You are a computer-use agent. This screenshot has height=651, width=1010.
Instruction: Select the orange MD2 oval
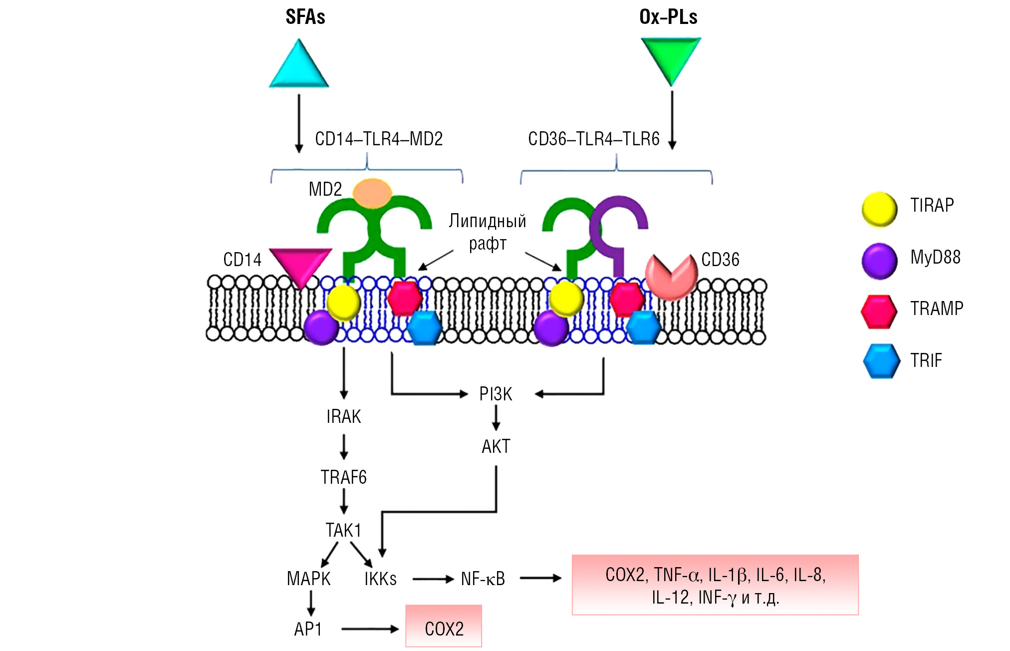pos(372,193)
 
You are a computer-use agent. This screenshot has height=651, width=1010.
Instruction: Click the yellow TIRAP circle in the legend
pos(879,210)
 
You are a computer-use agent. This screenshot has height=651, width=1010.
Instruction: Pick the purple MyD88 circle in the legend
pos(879,261)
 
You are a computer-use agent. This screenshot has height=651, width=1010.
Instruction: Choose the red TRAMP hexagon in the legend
pos(879,312)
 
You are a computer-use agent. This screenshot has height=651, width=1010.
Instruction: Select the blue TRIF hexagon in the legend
pos(882,361)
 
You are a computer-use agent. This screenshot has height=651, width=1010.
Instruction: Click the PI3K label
pos(496,394)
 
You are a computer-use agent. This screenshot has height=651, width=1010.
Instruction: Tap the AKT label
pos(496,446)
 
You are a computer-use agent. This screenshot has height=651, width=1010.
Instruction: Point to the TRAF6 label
pos(343,478)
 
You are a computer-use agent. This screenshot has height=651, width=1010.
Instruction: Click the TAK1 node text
pos(343,530)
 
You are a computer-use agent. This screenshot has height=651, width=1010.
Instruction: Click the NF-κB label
pos(483,579)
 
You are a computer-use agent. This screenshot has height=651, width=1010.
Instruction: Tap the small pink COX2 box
pos(444,627)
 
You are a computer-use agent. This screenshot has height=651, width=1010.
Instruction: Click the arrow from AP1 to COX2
pos(370,629)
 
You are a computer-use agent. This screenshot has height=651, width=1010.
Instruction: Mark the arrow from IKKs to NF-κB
pos(433,579)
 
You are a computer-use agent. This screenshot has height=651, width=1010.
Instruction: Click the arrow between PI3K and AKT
pos(496,418)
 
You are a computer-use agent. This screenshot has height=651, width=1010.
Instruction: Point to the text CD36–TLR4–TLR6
pos(593,139)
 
